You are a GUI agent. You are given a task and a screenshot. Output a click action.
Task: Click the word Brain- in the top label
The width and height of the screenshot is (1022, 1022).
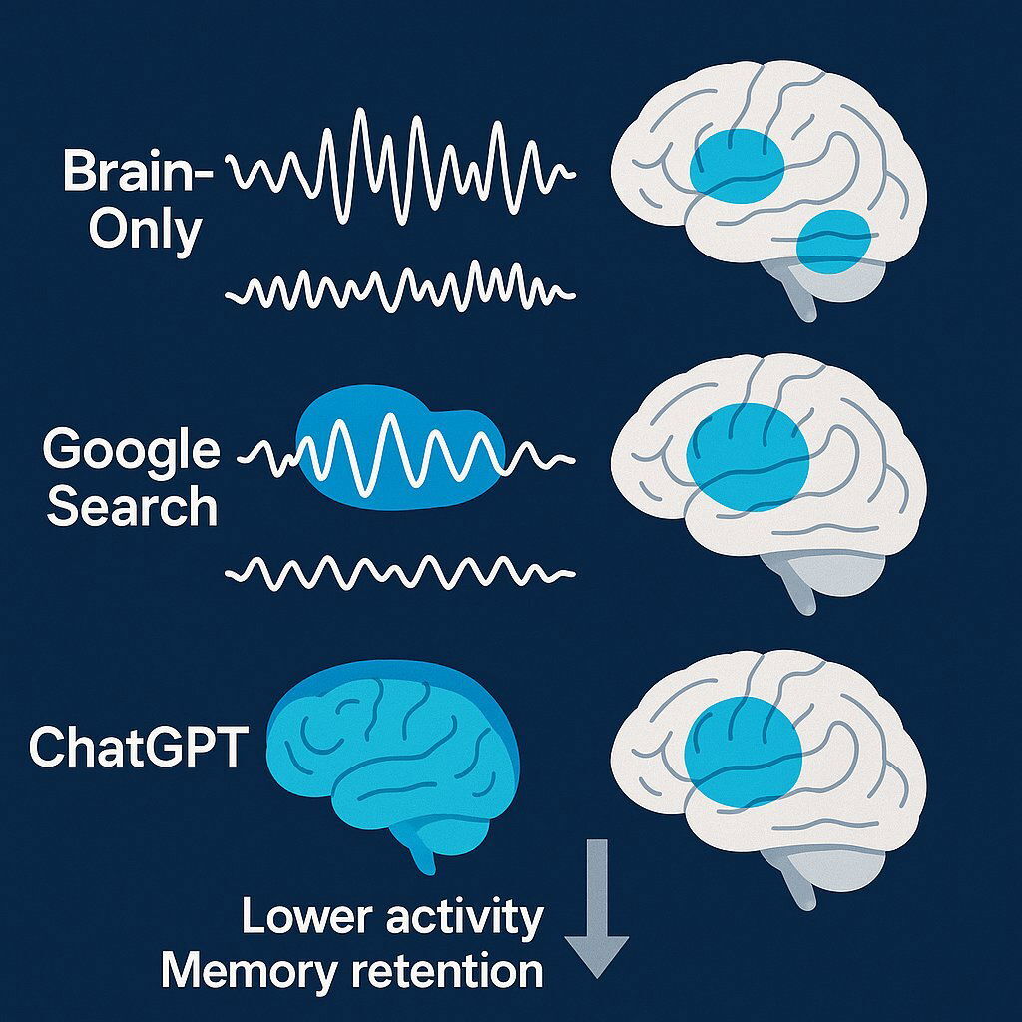pos(138,172)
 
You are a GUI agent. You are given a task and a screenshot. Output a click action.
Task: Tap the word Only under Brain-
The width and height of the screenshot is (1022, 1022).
pos(145,231)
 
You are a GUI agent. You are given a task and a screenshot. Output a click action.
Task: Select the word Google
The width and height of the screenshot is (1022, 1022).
pos(131,449)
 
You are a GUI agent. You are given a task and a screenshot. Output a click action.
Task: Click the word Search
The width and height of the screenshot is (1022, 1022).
pos(132,506)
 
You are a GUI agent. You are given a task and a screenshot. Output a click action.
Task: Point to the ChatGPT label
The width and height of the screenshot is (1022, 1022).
pos(137,747)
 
